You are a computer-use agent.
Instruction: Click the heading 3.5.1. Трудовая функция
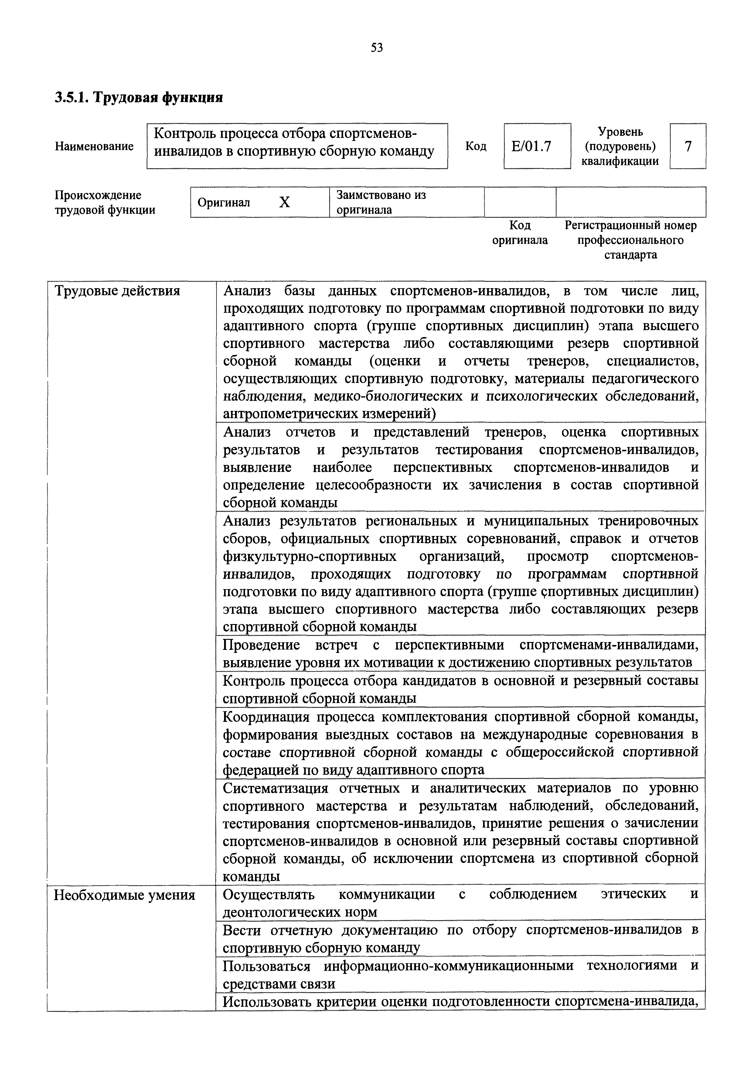tap(139, 97)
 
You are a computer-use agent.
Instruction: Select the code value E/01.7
tap(531, 147)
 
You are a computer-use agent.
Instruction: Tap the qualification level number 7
tap(688, 147)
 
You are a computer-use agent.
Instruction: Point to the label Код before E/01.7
tap(476, 147)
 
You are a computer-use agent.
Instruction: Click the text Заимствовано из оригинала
tap(381, 202)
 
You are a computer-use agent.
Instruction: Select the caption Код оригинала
tap(520, 233)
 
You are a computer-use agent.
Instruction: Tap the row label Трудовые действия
tap(117, 291)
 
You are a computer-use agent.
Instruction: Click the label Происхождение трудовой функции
tap(105, 202)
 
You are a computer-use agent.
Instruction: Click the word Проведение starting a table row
tap(261, 645)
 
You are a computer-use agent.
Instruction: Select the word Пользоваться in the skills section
tap(266, 966)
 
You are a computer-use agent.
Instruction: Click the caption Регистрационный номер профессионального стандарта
tap(631, 240)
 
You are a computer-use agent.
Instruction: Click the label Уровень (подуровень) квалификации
tap(620, 147)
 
